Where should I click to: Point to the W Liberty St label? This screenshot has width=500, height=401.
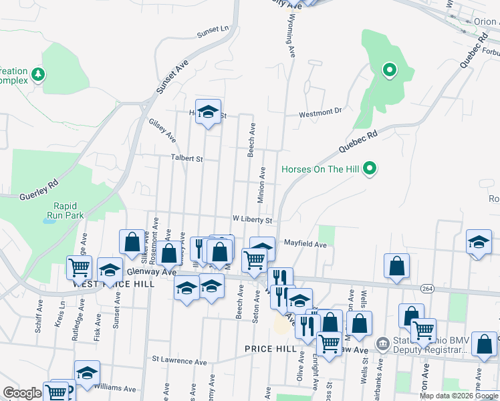click(x=252, y=219)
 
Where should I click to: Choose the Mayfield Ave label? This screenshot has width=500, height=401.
click(x=305, y=245)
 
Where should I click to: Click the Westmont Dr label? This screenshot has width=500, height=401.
click(x=320, y=113)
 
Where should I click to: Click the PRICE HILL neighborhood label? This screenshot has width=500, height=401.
click(x=266, y=349)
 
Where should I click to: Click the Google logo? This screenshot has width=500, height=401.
click(x=23, y=393)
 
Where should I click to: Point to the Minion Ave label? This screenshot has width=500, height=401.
click(x=262, y=184)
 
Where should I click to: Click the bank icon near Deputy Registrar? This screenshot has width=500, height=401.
click(x=382, y=344)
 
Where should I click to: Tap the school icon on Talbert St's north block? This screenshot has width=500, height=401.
click(x=209, y=112)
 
